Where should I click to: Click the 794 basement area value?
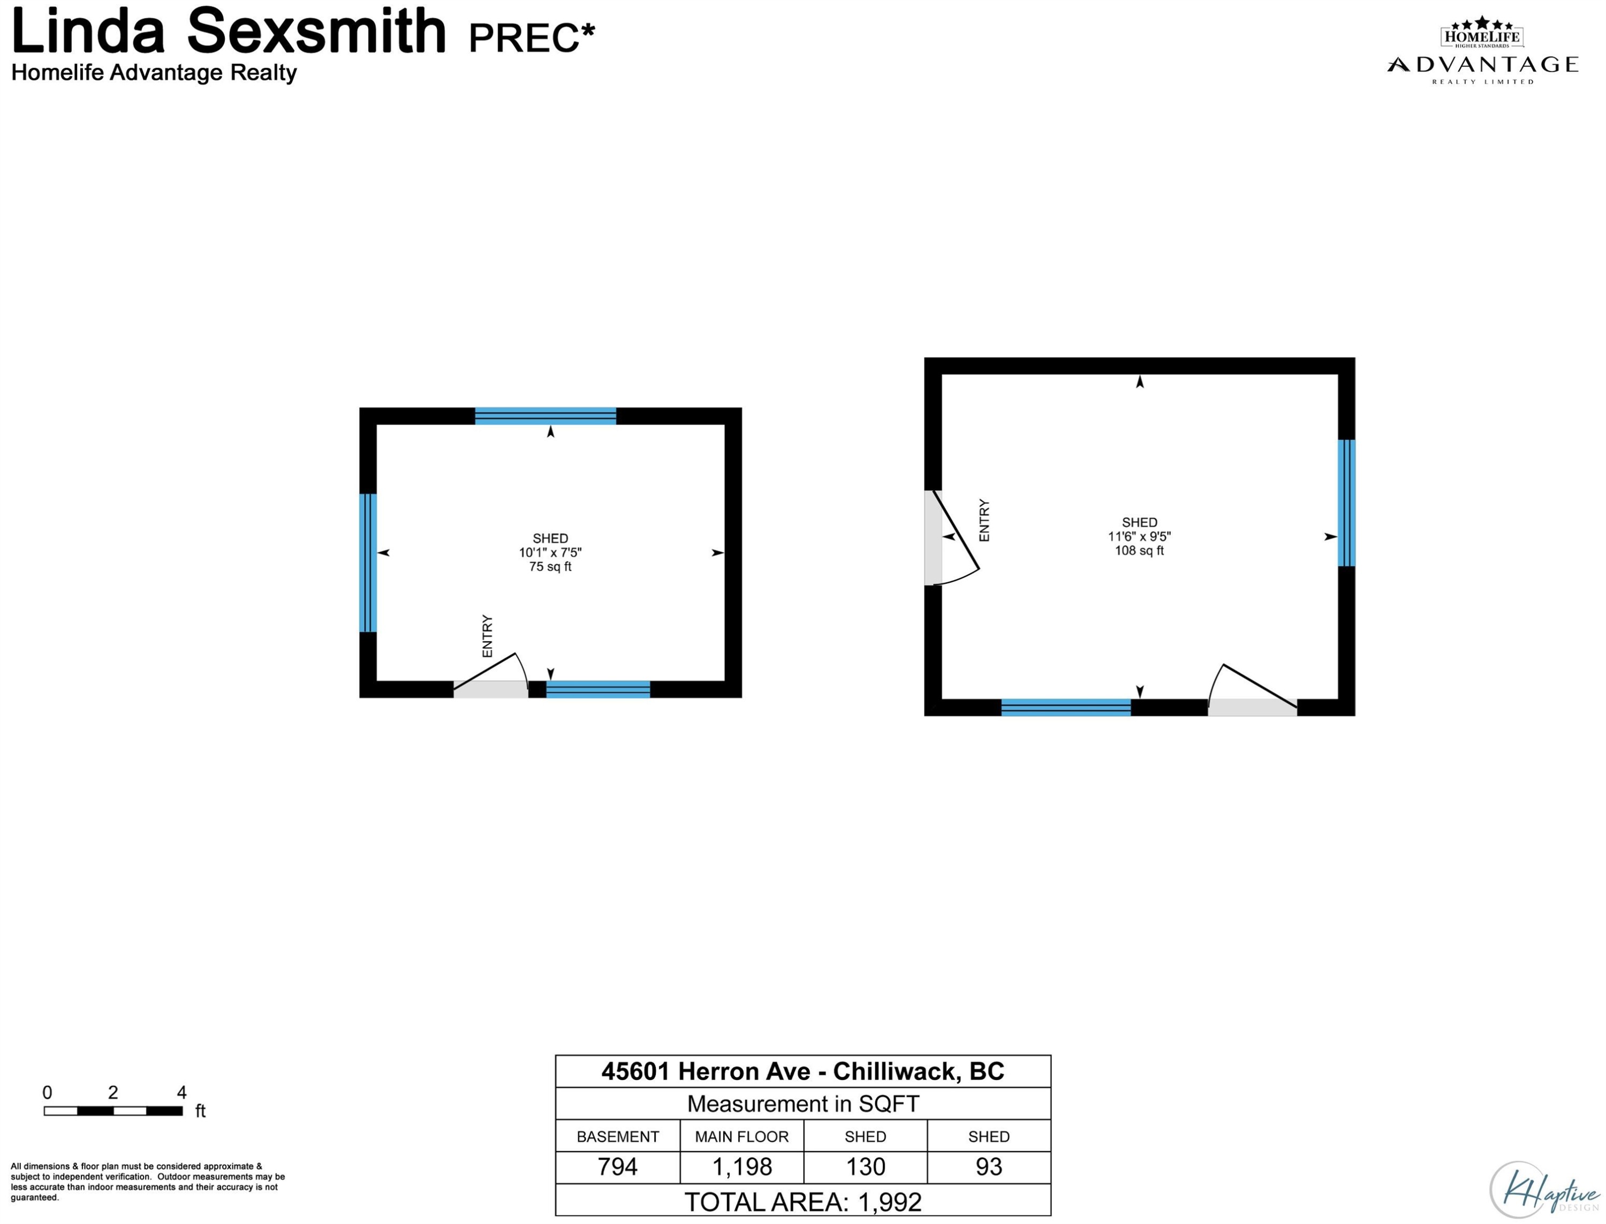click(x=617, y=1166)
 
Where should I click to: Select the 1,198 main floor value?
click(x=742, y=1166)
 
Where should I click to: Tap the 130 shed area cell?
click(x=866, y=1166)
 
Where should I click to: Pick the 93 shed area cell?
click(x=989, y=1166)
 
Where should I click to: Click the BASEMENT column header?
click(x=618, y=1137)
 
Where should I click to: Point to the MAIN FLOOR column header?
click(x=742, y=1137)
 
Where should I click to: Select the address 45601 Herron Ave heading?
click(x=803, y=1071)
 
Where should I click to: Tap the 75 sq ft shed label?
click(x=550, y=567)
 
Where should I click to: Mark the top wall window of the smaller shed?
click(x=546, y=416)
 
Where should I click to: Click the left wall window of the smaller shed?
click(x=368, y=562)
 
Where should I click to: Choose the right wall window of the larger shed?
click(x=1346, y=503)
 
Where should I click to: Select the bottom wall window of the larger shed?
click(x=1066, y=708)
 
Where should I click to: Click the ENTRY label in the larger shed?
click(x=984, y=520)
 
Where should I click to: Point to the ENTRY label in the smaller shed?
click(x=488, y=636)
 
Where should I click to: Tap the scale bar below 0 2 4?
click(x=113, y=1111)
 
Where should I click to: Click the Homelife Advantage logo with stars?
click(x=1482, y=50)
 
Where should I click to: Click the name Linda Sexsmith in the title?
click(x=229, y=31)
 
